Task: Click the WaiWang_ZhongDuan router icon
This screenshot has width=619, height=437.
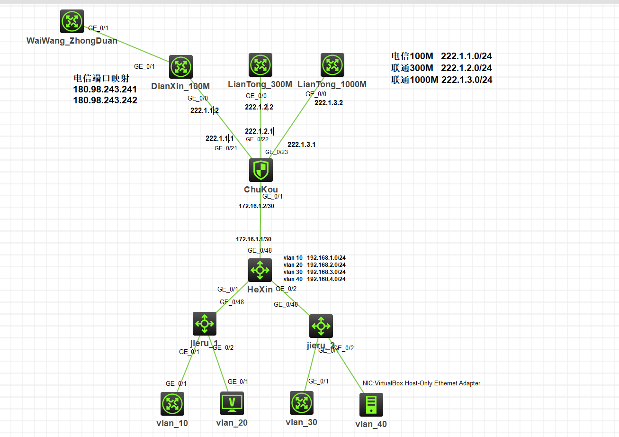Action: [72, 21]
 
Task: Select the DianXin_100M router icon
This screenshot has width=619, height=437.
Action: [181, 67]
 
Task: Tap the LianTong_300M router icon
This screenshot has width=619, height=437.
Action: [260, 65]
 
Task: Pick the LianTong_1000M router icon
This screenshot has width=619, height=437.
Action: [332, 65]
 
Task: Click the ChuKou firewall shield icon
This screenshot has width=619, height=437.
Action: [261, 170]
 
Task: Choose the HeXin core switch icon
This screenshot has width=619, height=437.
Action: [260, 270]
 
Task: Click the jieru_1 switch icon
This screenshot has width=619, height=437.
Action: [205, 324]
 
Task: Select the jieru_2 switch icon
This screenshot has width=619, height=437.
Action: [321, 326]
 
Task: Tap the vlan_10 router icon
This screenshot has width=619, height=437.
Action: [172, 404]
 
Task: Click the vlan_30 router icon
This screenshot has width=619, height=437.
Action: [302, 403]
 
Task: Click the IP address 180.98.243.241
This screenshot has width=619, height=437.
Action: [105, 89]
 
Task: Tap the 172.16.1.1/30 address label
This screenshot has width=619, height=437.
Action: [254, 239]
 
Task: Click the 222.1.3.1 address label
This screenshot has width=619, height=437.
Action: [302, 145]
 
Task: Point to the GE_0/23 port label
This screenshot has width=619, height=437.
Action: [277, 152]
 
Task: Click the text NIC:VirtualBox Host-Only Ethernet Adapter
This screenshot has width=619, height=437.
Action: [422, 383]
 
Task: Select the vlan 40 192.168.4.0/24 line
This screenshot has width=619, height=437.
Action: [314, 279]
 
